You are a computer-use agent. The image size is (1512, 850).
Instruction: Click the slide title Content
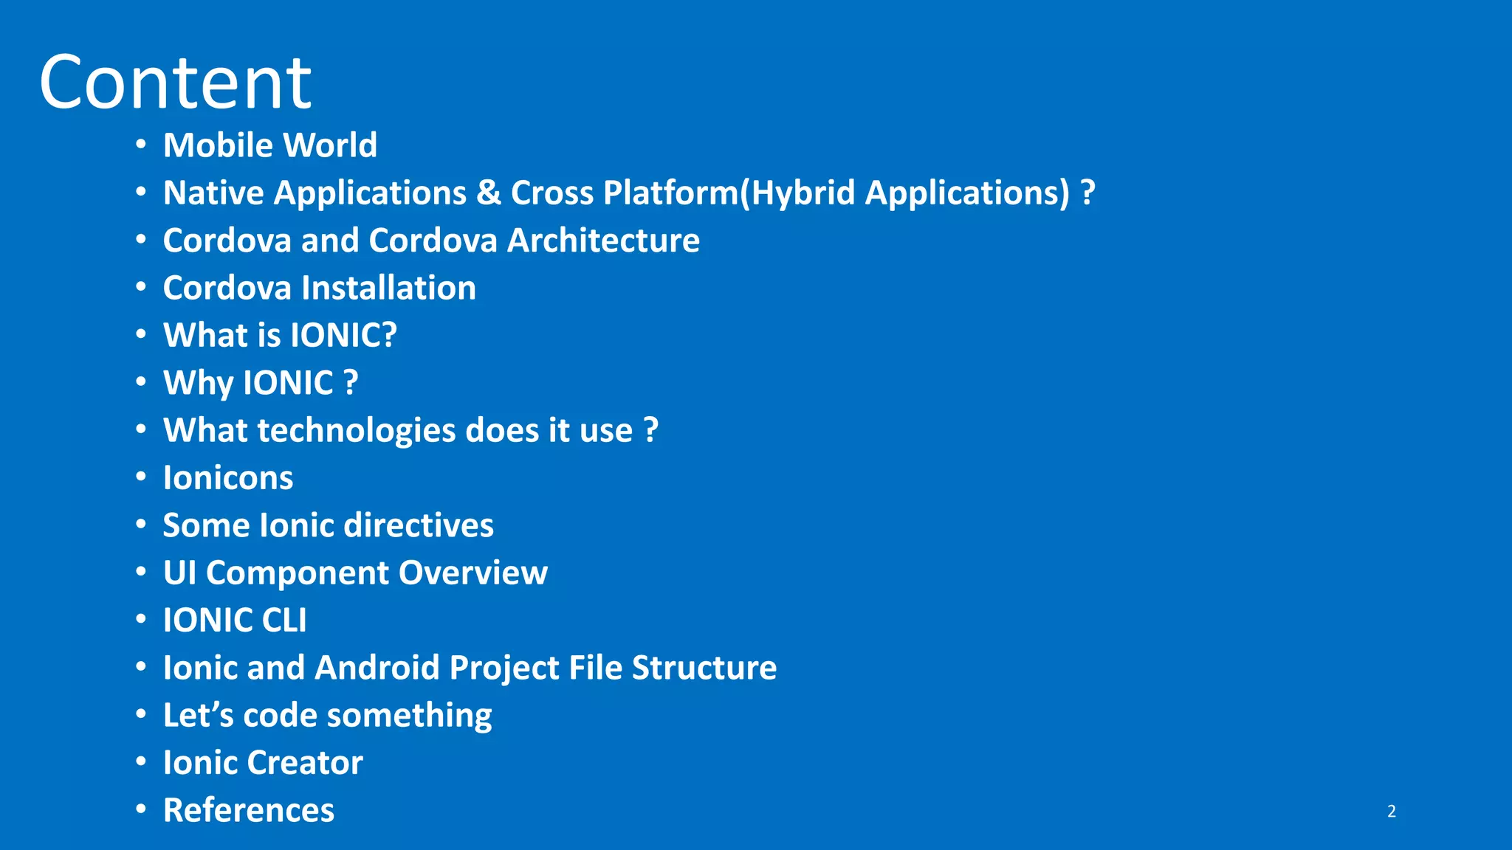(176, 83)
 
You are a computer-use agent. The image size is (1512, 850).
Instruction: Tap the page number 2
(1391, 811)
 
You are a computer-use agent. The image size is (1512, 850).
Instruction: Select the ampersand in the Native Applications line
(489, 193)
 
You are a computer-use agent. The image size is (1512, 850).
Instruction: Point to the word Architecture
(603, 241)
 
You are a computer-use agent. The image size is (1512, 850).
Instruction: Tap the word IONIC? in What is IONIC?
(343, 336)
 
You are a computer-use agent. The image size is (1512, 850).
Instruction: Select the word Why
(198, 384)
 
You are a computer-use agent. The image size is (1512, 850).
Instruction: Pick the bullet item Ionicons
(228, 478)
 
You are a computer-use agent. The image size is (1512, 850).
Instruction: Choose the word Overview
(473, 573)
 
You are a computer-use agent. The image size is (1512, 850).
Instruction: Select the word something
(409, 716)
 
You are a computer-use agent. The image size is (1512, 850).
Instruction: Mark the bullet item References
(249, 810)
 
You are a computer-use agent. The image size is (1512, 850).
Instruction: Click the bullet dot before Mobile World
(141, 145)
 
